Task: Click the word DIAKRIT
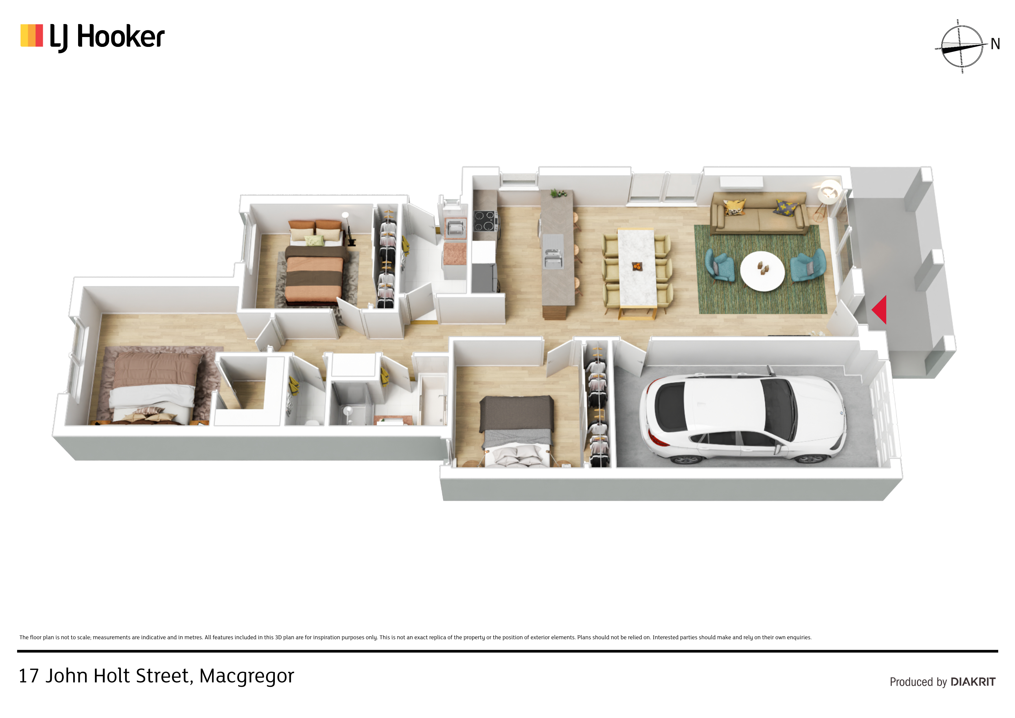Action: tap(973, 682)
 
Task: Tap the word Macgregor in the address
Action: tap(247, 676)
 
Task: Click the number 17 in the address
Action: tap(29, 676)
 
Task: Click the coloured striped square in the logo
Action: tap(32, 35)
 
